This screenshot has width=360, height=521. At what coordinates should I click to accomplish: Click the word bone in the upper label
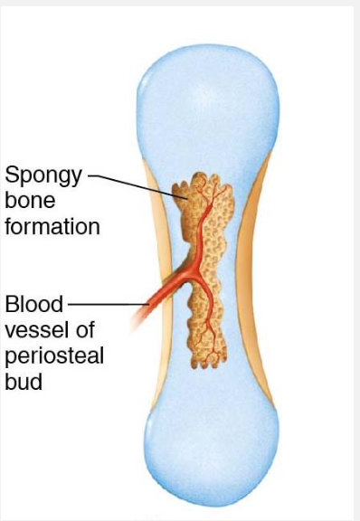click(x=25, y=200)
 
